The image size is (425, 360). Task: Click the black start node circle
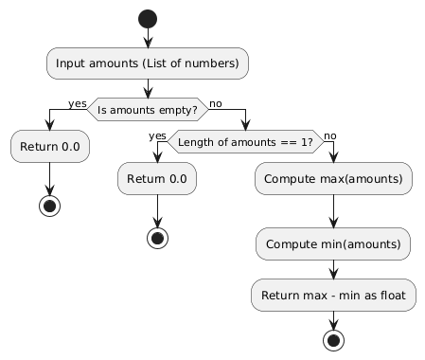147,18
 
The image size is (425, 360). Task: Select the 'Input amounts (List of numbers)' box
147,63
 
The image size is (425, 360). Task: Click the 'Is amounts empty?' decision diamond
147,109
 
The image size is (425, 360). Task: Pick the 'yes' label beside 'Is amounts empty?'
77,102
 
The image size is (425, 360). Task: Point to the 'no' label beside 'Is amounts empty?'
216,102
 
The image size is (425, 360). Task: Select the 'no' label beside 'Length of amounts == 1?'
330,135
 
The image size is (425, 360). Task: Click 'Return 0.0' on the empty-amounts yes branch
50,148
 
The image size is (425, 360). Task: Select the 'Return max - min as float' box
332,297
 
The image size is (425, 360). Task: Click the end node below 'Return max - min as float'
332,339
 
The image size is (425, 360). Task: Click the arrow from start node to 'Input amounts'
147,38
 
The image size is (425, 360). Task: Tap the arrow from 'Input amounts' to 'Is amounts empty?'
147,87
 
